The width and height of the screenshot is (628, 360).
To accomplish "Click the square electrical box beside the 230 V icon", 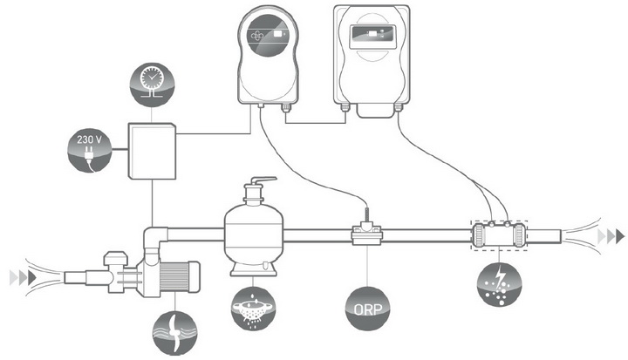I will pyautogui.click(x=153, y=150).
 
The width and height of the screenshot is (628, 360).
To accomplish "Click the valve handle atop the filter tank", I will pyautogui.click(x=256, y=184).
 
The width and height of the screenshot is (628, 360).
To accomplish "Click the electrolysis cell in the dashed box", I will pyautogui.click(x=500, y=235).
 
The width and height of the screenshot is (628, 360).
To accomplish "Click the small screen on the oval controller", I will pyautogui.click(x=277, y=35).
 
